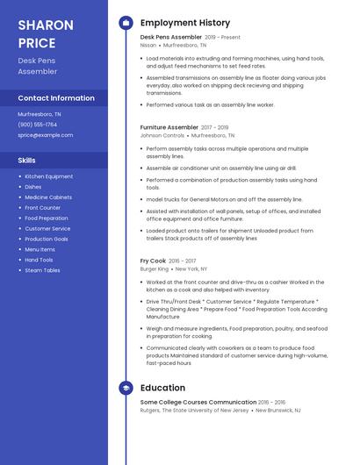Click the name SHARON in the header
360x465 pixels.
[x=46, y=25]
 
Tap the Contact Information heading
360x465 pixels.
[x=56, y=98]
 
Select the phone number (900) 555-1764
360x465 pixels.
[x=38, y=125]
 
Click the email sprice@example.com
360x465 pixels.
[x=46, y=135]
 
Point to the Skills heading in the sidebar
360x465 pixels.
[x=27, y=161]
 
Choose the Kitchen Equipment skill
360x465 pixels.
[x=49, y=176]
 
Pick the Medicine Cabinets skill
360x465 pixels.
[x=48, y=197]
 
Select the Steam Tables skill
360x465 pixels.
[x=42, y=270]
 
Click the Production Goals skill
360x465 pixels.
[x=47, y=239]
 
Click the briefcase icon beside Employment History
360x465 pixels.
[x=126, y=23]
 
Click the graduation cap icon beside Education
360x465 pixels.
[x=126, y=388]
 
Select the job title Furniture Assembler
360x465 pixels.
[x=169, y=127]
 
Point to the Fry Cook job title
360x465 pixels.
[x=153, y=261]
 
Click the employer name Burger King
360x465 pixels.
[x=155, y=268]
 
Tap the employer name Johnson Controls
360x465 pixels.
[x=162, y=136]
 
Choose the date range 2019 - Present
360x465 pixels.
[x=222, y=38]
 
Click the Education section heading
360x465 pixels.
[x=162, y=388]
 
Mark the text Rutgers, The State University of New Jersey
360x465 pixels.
[x=196, y=410]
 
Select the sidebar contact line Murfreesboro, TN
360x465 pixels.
[x=40, y=114]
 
